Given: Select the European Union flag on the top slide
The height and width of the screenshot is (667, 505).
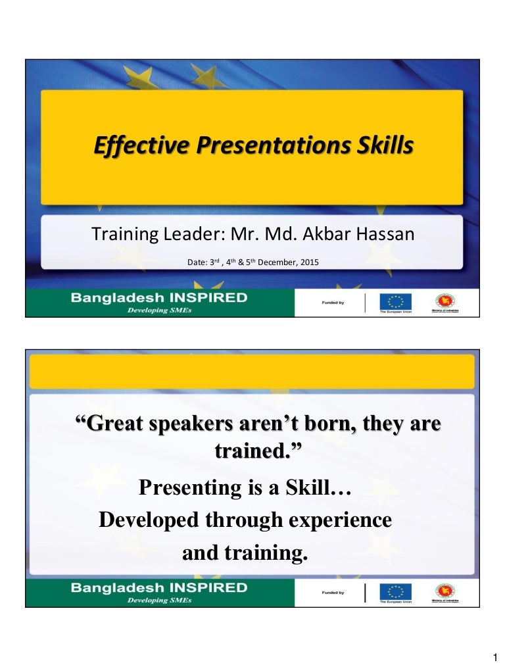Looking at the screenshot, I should point(395,301).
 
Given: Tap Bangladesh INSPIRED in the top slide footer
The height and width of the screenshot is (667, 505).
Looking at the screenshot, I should point(159,297).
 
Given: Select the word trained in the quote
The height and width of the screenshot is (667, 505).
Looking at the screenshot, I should point(256,451).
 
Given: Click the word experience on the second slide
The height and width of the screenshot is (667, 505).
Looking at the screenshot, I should point(332,520).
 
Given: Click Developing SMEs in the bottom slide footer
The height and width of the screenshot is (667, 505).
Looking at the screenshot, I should point(159,600).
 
